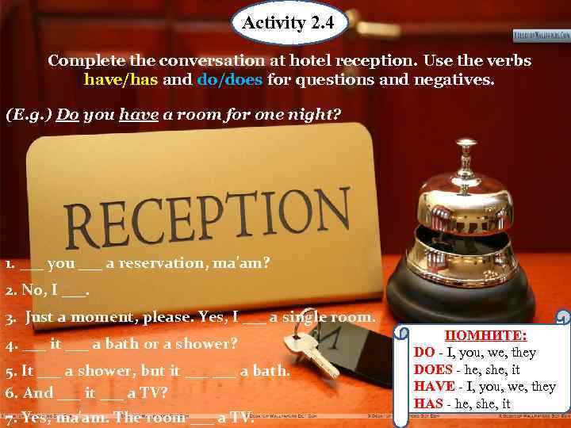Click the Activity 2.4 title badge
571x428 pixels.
pos(289,23)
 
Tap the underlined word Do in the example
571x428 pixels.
pos(67,114)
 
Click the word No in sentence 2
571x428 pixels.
pos(36,290)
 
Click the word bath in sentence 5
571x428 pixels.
pos(270,371)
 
